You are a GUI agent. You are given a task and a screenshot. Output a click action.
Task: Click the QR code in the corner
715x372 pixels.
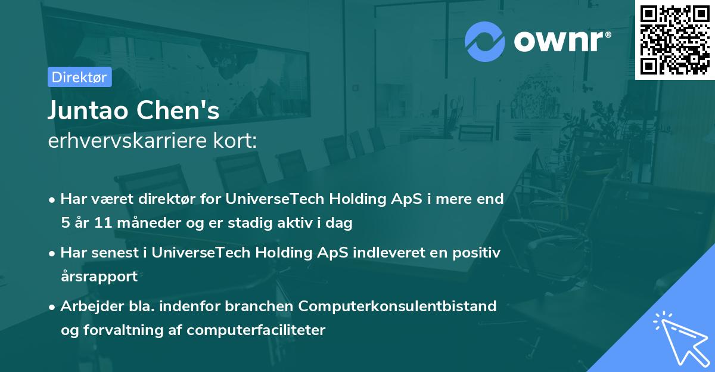674,39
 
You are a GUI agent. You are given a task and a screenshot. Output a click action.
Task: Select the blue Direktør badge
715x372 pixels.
80,77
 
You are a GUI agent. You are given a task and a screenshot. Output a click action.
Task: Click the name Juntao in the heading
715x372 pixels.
90,111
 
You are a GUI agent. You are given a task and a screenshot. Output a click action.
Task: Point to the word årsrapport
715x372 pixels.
99,277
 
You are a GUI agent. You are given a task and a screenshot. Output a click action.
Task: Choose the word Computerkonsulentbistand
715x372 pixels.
397,306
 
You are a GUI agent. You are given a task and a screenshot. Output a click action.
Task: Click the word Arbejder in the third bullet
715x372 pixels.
87,306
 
